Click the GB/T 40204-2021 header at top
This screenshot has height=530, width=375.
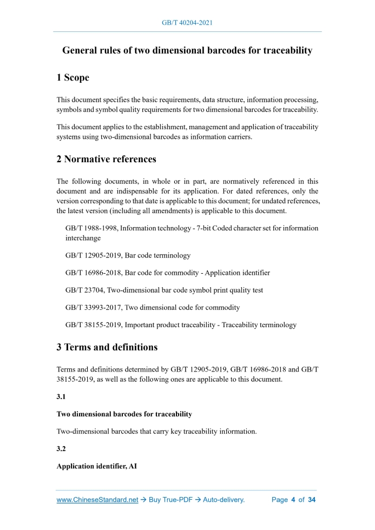[x=187, y=23]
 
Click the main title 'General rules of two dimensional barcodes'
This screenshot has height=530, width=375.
[x=187, y=51]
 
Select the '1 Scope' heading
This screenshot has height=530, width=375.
[x=73, y=78]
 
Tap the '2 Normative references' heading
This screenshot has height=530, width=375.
[x=106, y=159]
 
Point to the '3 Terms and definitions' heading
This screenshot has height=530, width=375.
[x=107, y=347]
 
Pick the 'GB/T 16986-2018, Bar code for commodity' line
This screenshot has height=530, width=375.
[x=167, y=273]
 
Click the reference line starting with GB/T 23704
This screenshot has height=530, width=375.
[x=164, y=290]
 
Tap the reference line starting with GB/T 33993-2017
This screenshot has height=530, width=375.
[x=152, y=307]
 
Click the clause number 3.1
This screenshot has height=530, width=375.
[x=62, y=396]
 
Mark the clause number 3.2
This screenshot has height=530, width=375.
[x=62, y=448]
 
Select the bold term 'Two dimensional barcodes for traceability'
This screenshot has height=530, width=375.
[x=124, y=414]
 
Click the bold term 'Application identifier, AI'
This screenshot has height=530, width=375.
[x=96, y=466]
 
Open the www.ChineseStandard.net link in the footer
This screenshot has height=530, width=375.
[x=97, y=500]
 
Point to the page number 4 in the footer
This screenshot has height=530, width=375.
[x=293, y=500]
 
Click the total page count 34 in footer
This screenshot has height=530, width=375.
[x=311, y=500]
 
